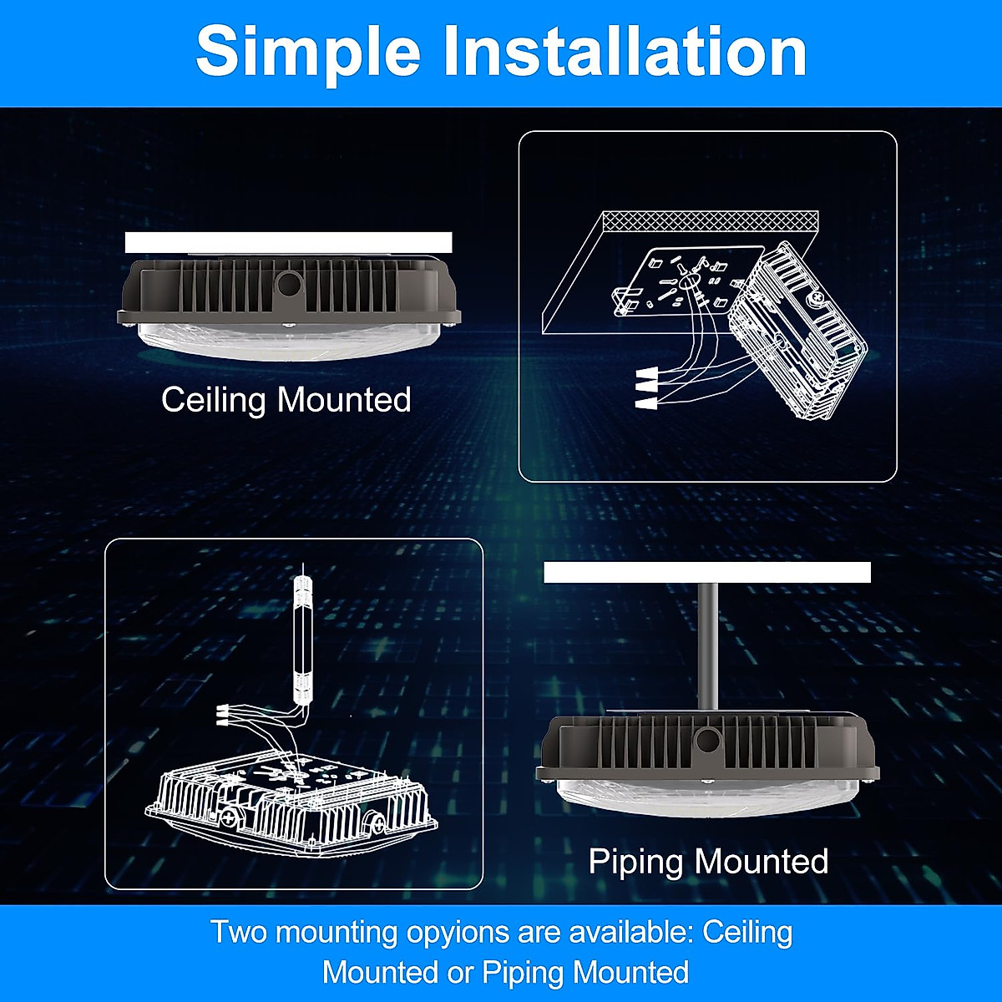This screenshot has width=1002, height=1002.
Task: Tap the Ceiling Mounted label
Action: click(286, 399)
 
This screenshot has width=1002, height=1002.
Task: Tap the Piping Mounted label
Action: click(708, 861)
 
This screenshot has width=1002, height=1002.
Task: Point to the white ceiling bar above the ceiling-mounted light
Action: click(288, 242)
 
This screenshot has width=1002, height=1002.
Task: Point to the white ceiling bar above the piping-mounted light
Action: click(706, 572)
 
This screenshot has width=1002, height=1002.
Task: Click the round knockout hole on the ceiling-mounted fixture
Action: click(289, 284)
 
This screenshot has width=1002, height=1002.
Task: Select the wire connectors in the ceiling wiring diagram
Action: click(645, 388)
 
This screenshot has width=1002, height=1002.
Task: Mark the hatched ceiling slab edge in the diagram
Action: click(710, 221)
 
